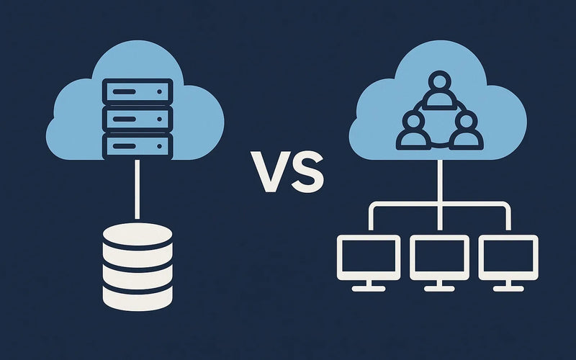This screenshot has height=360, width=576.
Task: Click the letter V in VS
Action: (270, 171)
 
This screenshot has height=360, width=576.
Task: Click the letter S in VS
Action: (307, 171)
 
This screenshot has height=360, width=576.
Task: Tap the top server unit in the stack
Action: (138, 91)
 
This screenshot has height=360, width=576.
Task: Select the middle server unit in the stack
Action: (138, 119)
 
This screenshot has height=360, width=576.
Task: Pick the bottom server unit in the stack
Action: (138, 146)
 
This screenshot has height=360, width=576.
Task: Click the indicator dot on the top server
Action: (159, 91)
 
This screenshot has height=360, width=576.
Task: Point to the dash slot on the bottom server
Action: (124, 146)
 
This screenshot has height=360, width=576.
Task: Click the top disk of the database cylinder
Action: (138, 235)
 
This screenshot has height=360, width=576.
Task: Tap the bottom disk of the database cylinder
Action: (138, 298)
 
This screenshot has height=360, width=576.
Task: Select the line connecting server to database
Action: (137, 189)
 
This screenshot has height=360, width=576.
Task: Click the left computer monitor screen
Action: (369, 258)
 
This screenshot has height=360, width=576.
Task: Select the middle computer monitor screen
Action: (439, 258)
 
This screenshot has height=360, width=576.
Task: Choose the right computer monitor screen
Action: (508, 258)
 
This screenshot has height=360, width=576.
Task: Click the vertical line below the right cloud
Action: (439, 195)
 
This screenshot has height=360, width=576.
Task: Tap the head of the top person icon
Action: (439, 81)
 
